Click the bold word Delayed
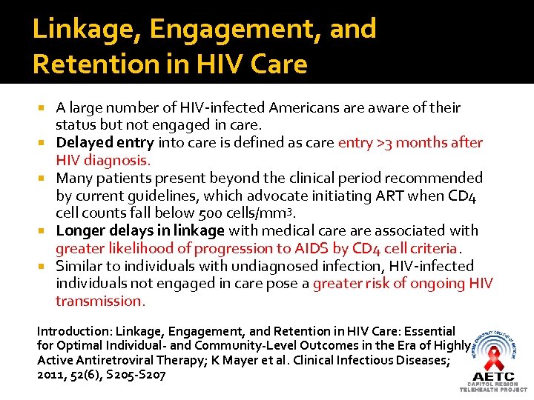tap(84, 143)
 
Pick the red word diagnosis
tap(119, 161)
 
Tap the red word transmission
tap(100, 301)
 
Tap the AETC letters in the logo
tap(493, 376)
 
